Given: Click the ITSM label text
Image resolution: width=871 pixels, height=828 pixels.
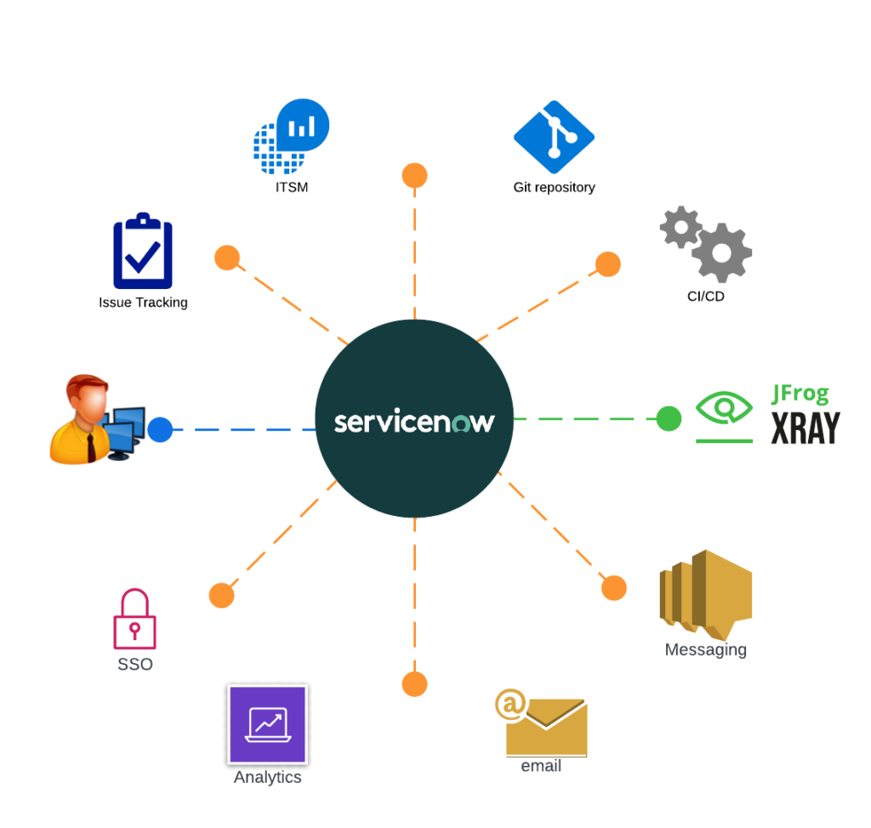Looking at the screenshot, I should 291,187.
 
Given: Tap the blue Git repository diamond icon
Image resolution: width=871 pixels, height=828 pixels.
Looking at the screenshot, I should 554,137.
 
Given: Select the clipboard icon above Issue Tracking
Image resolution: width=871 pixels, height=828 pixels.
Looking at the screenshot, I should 143,252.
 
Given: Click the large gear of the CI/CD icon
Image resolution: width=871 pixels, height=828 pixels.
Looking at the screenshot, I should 721,252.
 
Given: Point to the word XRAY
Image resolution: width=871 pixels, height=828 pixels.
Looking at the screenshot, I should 805,428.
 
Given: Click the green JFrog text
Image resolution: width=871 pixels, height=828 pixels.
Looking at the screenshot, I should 799,394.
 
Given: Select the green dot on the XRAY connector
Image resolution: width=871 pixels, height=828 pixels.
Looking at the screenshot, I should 669,418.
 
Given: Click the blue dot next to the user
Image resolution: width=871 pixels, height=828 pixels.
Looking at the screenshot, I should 160,429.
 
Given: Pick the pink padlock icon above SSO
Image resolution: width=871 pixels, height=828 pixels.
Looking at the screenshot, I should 134,620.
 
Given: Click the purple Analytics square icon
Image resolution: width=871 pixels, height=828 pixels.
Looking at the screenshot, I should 267,724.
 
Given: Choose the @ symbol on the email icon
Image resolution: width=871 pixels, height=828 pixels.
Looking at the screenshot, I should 510,705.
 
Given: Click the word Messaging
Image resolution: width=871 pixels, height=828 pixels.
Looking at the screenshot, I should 705,649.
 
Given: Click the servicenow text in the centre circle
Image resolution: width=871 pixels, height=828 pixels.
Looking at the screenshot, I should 413,422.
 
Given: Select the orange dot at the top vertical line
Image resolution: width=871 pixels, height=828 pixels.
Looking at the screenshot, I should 414,176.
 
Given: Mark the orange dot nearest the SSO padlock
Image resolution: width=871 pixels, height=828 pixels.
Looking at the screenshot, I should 221,595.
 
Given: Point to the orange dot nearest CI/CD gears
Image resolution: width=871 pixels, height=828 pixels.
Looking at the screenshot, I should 607,264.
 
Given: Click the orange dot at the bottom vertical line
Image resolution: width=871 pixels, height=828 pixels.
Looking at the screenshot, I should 414,683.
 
